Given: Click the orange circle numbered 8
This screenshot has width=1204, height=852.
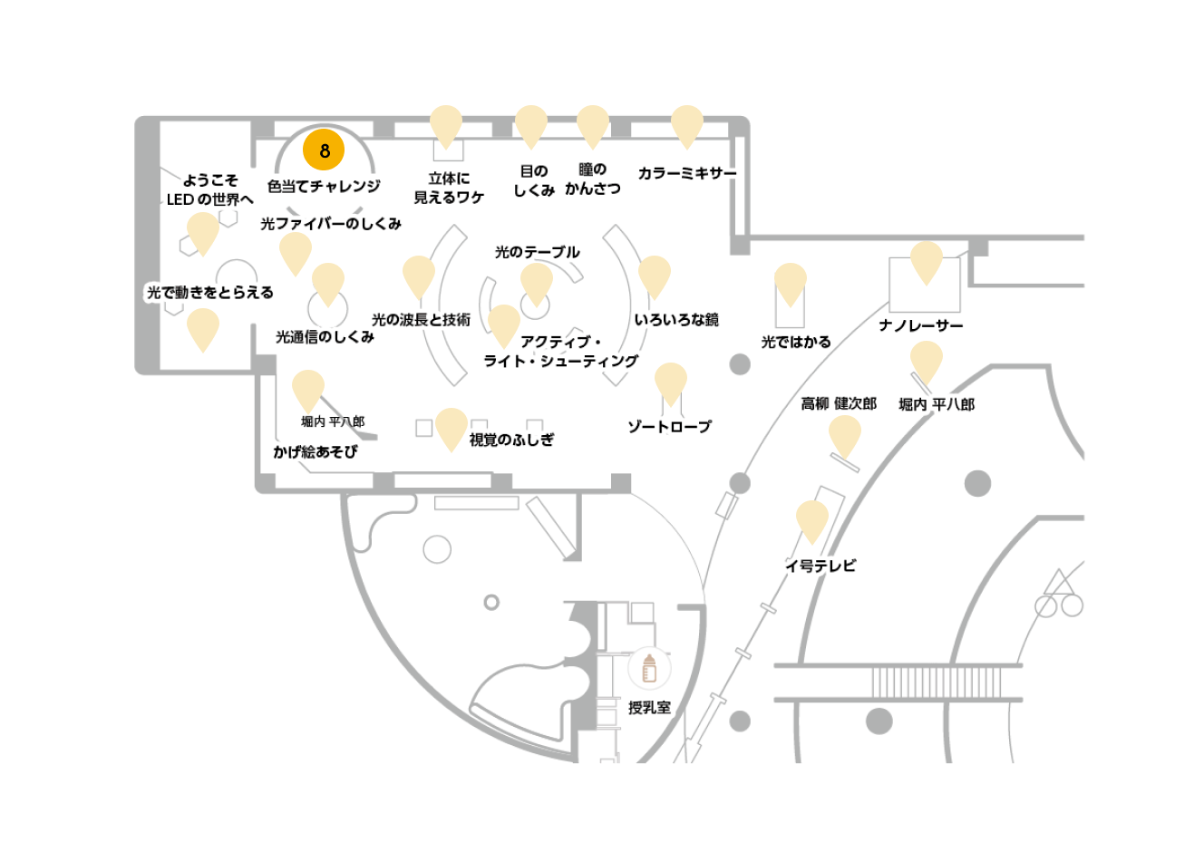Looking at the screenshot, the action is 324,150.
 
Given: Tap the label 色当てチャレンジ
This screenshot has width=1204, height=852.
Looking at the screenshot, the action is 324,187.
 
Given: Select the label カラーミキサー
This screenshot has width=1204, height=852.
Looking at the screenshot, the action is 687,173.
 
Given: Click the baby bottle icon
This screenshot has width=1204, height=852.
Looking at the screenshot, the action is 649,668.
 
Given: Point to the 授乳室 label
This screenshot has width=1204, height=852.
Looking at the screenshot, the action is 650,708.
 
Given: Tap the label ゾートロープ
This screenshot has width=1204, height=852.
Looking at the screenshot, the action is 670,427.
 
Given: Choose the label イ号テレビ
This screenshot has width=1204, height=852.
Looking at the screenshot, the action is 820,566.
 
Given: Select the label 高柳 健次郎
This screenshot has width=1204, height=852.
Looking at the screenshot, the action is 839,403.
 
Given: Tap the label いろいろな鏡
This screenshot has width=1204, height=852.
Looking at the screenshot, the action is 676,320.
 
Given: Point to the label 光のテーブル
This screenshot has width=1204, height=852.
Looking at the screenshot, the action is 537,252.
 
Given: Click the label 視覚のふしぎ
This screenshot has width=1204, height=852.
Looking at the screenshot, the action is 511,440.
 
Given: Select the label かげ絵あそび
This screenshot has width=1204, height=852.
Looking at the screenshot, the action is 316,451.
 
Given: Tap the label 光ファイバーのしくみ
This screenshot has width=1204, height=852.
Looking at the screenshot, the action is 331,224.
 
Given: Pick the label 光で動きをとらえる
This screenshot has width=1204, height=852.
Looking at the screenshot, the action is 210,292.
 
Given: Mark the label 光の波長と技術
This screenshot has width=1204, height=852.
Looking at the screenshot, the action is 421,320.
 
